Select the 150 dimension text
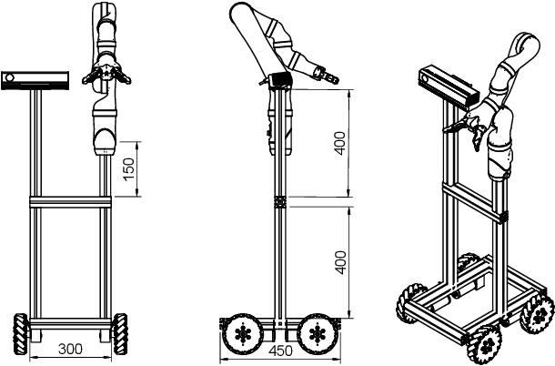pyautogui.click(x=129, y=168)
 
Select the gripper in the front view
pyautogui.click(x=106, y=76)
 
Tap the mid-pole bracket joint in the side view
pyautogui.click(x=279, y=201)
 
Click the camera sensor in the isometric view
pyautogui.click(x=449, y=85)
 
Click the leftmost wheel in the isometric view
pyautogui.click(x=409, y=305)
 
